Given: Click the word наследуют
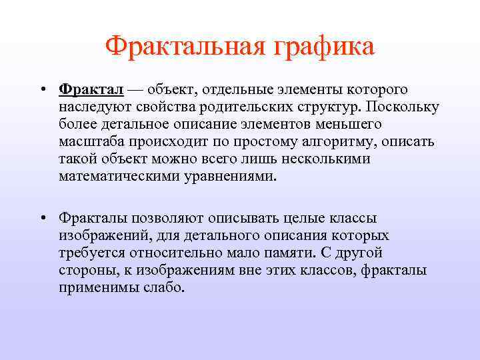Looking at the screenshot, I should pyautogui.click(x=91, y=107).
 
